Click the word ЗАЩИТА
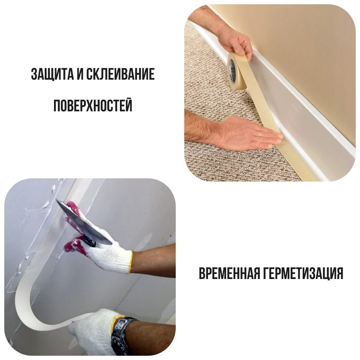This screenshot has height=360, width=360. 51,74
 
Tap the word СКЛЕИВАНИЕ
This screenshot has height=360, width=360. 120,74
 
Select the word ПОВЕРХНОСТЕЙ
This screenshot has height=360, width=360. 93,105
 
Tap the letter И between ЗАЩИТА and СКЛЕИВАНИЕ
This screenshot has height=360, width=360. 79,74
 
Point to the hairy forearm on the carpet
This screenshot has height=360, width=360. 200,124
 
